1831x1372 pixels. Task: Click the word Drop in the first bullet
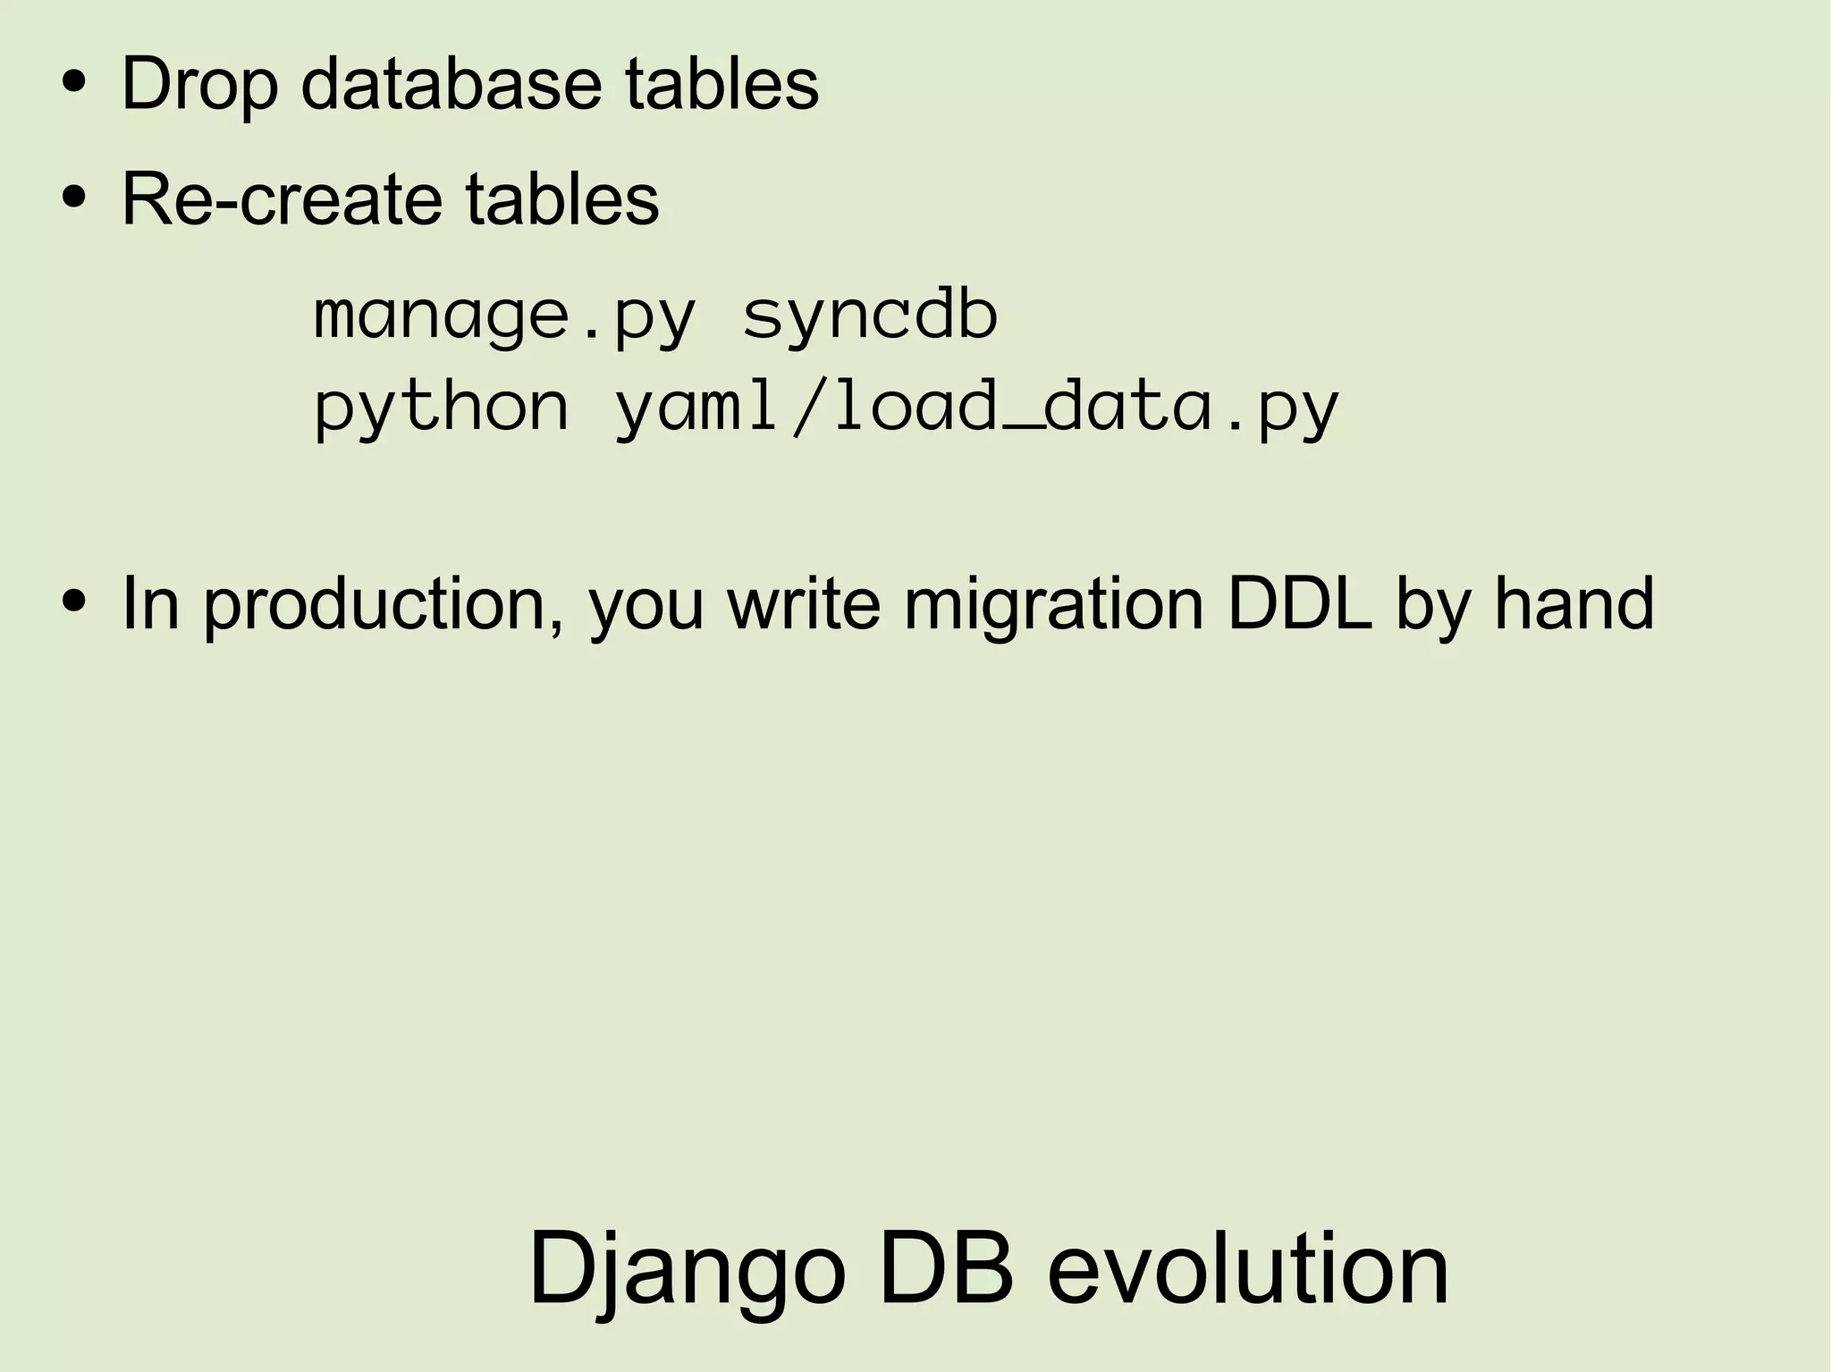point(199,85)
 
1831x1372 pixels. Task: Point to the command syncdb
point(870,317)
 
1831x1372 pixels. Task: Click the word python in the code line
point(442,408)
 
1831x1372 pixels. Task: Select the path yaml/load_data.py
point(977,408)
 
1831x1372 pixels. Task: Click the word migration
point(1054,605)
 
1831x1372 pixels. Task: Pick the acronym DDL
point(1300,605)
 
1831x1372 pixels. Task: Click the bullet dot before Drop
point(74,85)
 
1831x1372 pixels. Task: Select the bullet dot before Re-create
point(74,199)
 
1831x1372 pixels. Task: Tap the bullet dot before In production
point(74,605)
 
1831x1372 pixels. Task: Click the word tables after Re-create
point(561,198)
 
